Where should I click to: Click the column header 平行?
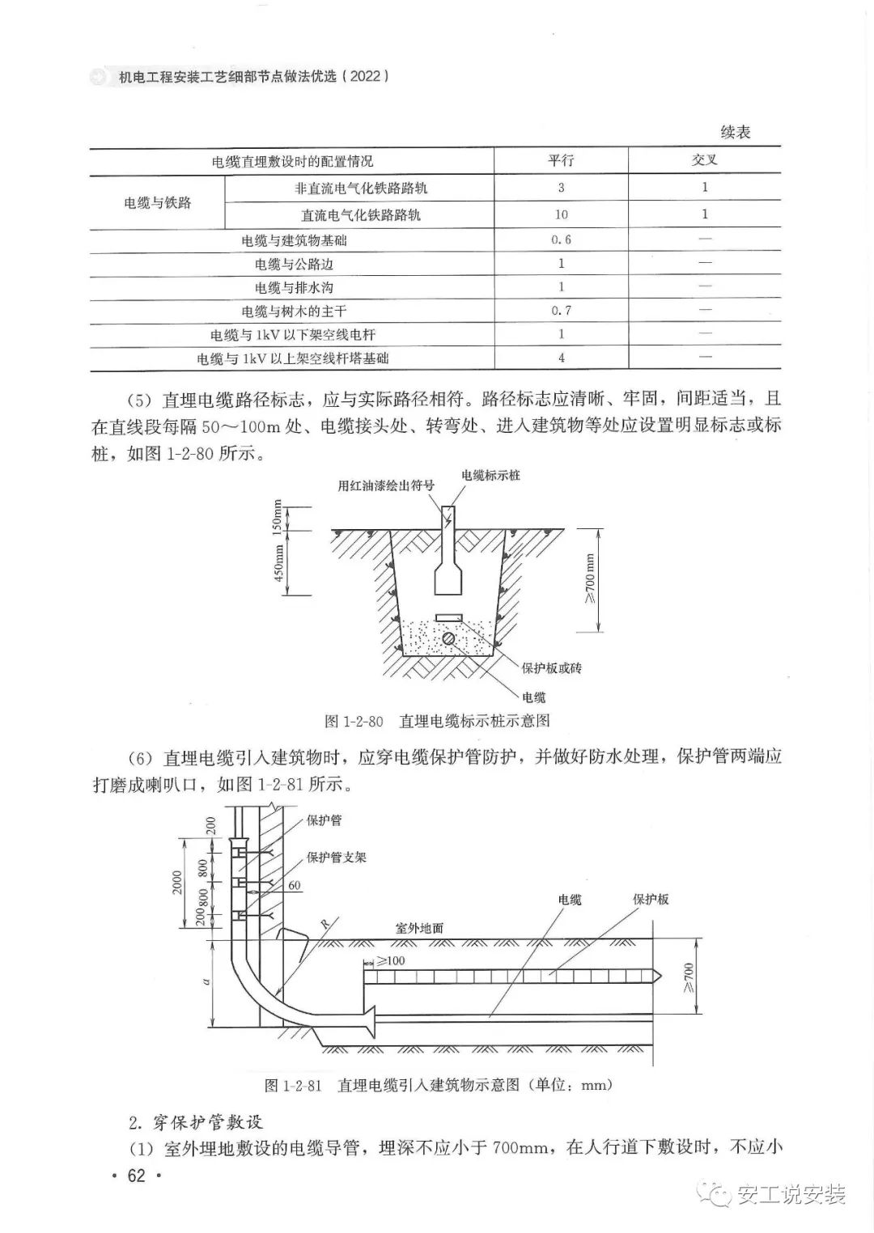pos(560,160)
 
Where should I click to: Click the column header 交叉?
pos(704,160)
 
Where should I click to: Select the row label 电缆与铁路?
pos(158,201)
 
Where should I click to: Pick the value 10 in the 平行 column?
pos(561,215)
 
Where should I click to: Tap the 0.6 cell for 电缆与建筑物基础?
pos(561,240)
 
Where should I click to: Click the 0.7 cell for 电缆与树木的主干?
pos(561,311)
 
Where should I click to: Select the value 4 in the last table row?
pos(561,358)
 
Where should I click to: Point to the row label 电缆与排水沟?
pos(294,287)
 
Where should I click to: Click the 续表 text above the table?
pos(736,132)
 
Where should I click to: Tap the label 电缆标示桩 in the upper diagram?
pos(490,475)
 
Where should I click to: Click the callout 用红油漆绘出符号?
pos(387,485)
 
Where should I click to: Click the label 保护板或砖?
pos(552,668)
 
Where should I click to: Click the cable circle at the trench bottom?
pos(448,638)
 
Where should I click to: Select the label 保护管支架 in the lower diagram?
pos(337,856)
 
